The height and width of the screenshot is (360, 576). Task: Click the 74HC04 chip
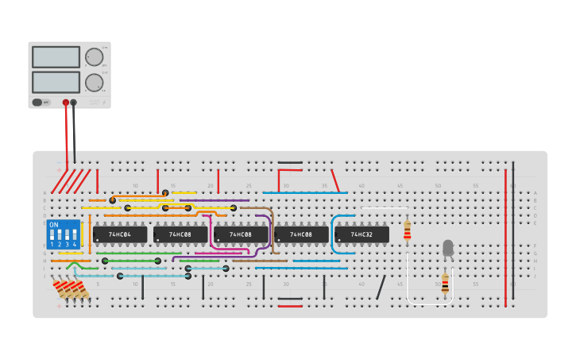(x=120, y=234)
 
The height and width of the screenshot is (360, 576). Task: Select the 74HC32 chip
(x=361, y=234)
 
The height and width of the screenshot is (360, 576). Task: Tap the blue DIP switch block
(x=64, y=235)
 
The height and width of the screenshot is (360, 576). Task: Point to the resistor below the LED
(x=445, y=284)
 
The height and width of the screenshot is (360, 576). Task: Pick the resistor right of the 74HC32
(x=408, y=230)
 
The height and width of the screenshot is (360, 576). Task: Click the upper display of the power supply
(x=56, y=57)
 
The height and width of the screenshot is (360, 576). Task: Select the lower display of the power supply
(x=56, y=82)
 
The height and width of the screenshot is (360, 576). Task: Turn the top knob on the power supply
(x=94, y=57)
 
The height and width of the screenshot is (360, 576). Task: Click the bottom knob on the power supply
(x=94, y=82)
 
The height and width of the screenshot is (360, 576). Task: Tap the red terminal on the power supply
(x=66, y=103)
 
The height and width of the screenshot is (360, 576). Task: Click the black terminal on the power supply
(x=74, y=103)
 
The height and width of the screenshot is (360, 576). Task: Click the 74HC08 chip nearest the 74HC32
(x=301, y=234)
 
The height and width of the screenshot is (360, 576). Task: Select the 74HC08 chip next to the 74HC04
(x=180, y=234)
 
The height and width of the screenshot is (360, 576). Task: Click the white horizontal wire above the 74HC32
(x=385, y=208)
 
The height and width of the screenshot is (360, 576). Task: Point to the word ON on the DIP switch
(x=54, y=225)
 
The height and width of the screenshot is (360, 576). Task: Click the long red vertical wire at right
(x=505, y=238)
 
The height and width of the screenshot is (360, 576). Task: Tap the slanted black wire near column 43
(x=381, y=287)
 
